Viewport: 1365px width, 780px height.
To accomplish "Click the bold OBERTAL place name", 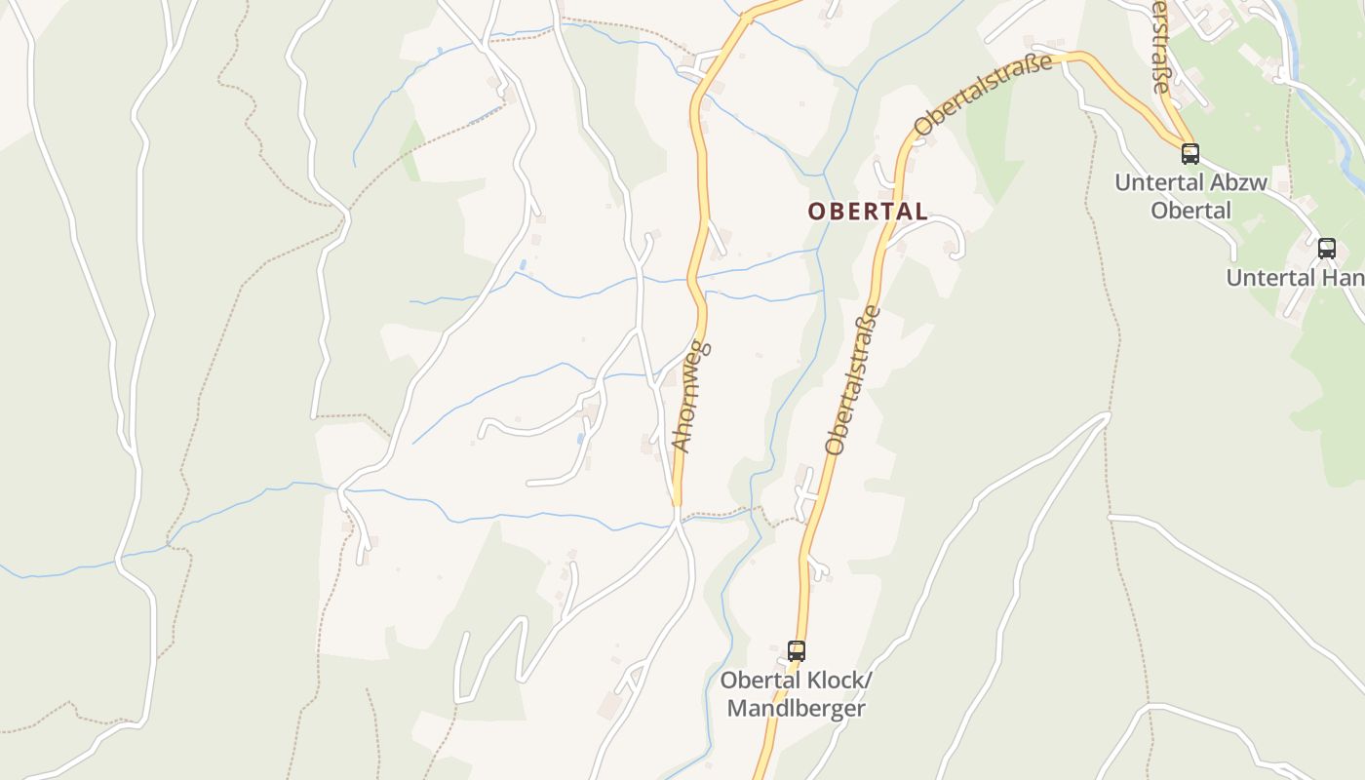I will [x=868, y=211].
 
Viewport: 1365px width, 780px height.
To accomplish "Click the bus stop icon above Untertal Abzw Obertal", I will [x=1189, y=153].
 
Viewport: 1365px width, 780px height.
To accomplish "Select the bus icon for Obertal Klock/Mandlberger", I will [x=797, y=650].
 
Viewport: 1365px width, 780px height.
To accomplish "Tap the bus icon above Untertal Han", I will [x=1327, y=248].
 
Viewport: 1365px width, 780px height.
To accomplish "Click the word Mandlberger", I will [x=796, y=708].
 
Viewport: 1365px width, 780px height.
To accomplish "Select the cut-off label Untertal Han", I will [x=1295, y=277].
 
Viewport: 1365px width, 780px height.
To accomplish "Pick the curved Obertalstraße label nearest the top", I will [x=984, y=96].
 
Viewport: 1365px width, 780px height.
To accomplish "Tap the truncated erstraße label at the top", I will [x=1158, y=47].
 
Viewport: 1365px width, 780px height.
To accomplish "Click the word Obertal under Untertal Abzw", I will [x=1190, y=210].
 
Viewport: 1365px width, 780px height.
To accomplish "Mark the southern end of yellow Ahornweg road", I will [x=676, y=502].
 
